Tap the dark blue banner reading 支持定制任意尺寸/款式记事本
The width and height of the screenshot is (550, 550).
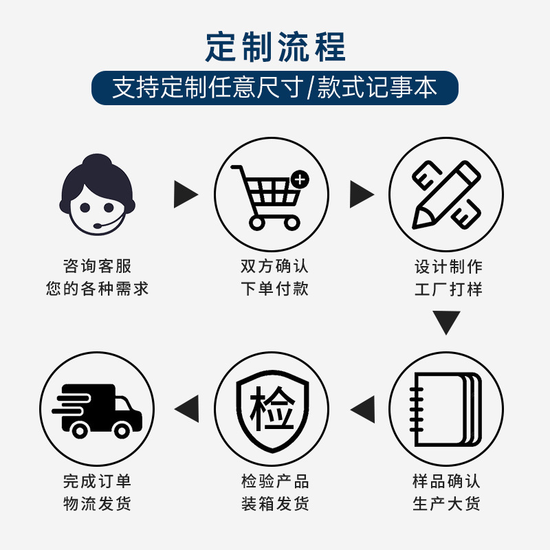click(275, 88)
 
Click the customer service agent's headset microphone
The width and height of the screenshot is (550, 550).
click(100, 225)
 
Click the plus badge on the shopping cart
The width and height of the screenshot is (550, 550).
click(300, 179)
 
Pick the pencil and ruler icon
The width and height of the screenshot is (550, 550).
click(445, 195)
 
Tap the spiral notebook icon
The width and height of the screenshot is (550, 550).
click(445, 409)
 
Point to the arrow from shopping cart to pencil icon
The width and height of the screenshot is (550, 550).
click(361, 195)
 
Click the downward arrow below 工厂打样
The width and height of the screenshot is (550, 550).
click(445, 322)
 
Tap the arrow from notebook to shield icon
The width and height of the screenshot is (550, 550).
click(362, 410)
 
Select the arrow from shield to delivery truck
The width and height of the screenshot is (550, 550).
click(187, 410)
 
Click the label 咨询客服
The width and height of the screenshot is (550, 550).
click(97, 266)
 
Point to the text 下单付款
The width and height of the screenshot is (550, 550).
click(274, 288)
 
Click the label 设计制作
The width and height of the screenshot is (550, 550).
click(448, 266)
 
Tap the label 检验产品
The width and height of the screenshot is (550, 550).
click(274, 481)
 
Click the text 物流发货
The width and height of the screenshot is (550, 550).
click(97, 503)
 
